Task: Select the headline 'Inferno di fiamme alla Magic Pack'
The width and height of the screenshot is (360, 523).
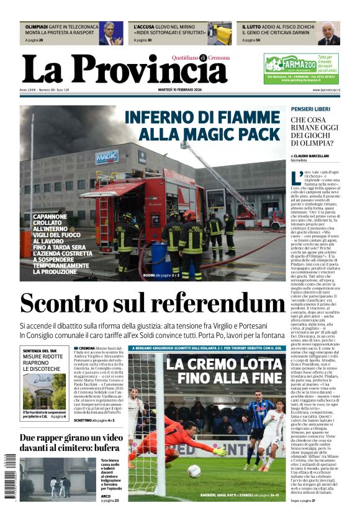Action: coord(204,125)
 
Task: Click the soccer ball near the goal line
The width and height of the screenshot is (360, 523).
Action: coord(194,471)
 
